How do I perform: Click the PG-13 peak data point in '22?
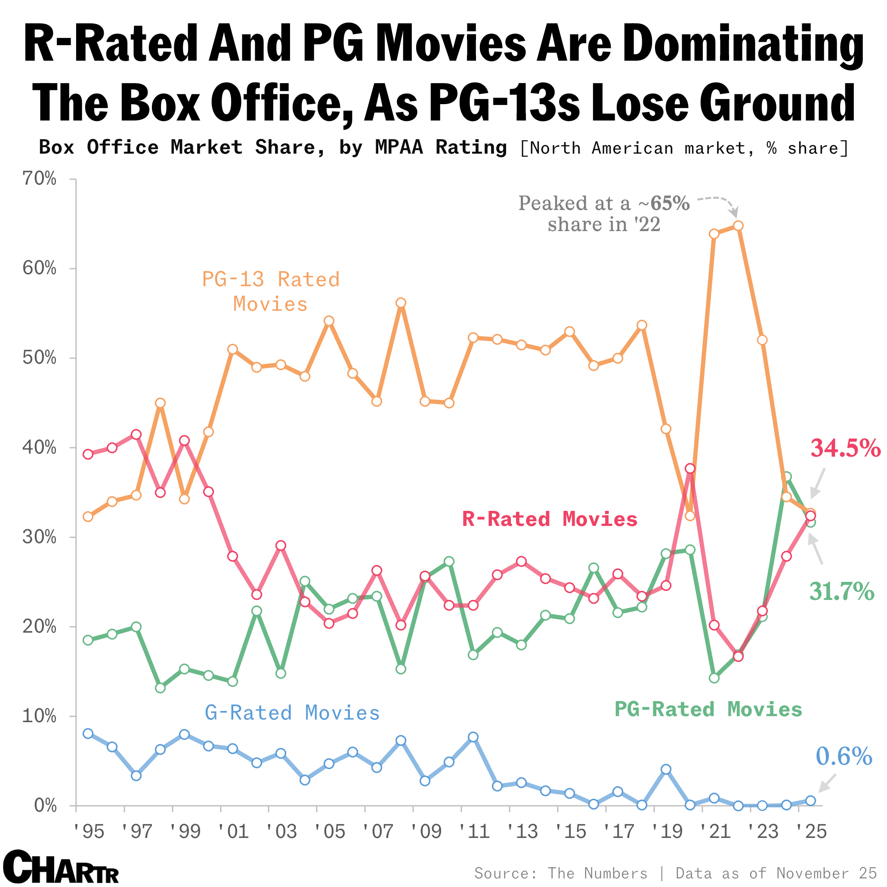tap(738, 226)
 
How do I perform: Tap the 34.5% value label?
tap(845, 448)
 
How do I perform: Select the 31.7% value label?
tap(841, 591)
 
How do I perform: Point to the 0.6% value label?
tap(844, 756)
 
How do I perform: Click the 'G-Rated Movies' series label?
tap(293, 713)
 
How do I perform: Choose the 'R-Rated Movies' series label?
tap(550, 519)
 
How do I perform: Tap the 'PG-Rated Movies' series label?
tap(708, 709)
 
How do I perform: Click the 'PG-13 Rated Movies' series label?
tap(271, 291)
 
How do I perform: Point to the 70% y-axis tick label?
tap(40, 179)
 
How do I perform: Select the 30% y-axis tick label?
tap(40, 537)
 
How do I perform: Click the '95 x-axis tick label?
tap(89, 832)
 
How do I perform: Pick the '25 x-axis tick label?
tap(811, 832)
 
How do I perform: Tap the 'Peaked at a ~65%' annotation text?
tap(604, 204)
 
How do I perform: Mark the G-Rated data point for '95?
tap(88, 733)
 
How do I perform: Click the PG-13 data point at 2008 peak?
tap(401, 303)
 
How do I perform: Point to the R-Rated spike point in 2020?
tap(690, 468)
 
